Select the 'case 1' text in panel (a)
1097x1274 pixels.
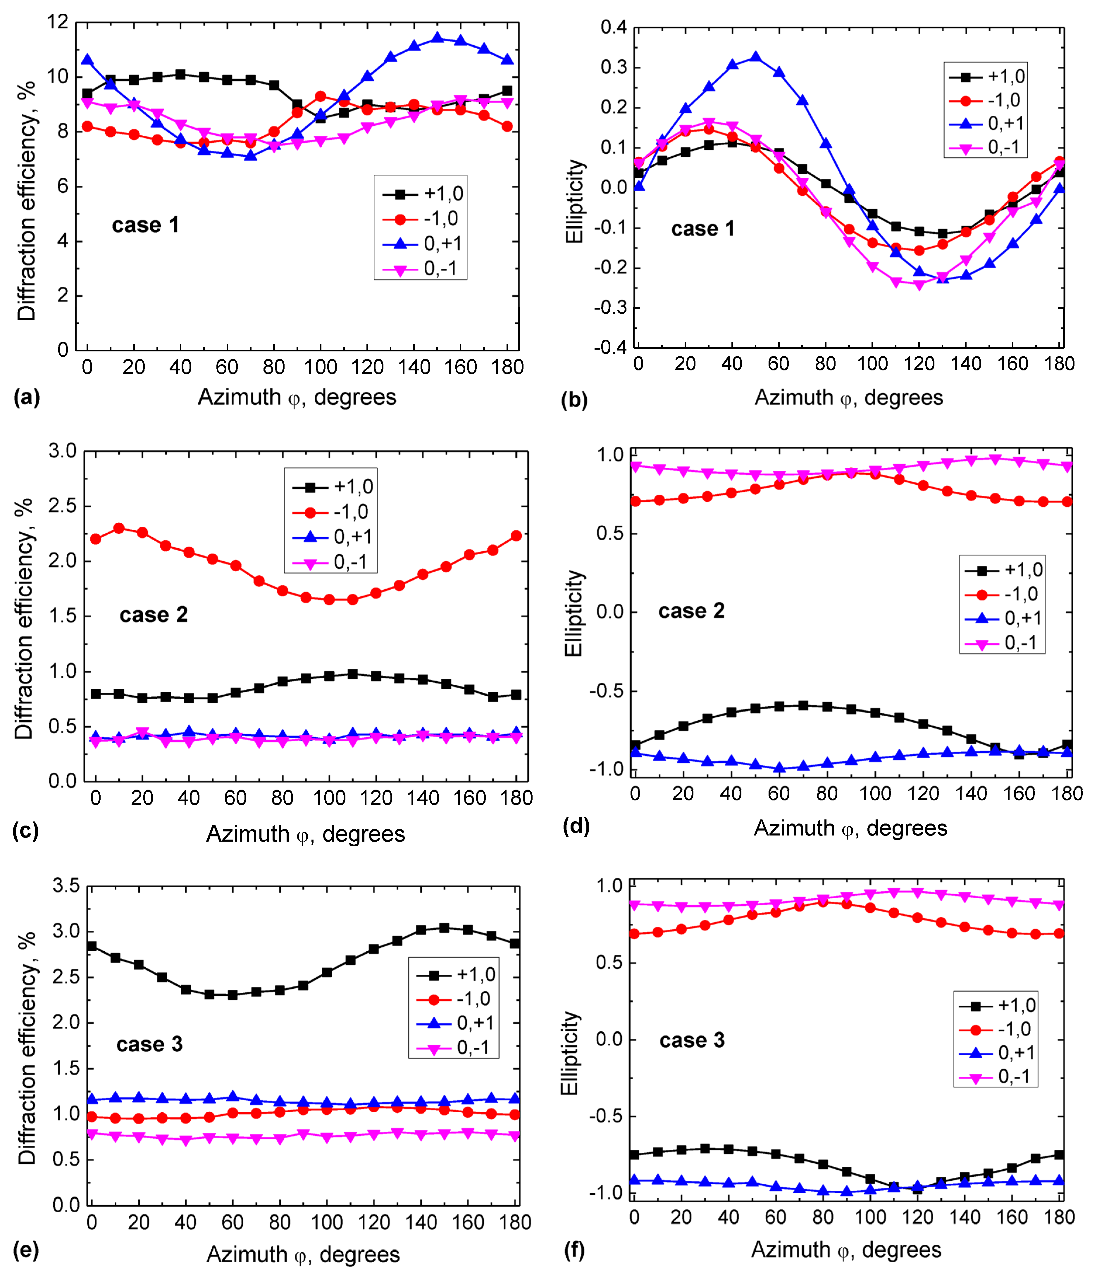click(x=145, y=225)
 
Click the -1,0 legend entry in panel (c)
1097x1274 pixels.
click(x=351, y=512)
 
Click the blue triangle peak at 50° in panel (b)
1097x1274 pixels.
click(x=755, y=57)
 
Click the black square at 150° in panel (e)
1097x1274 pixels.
click(x=444, y=928)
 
